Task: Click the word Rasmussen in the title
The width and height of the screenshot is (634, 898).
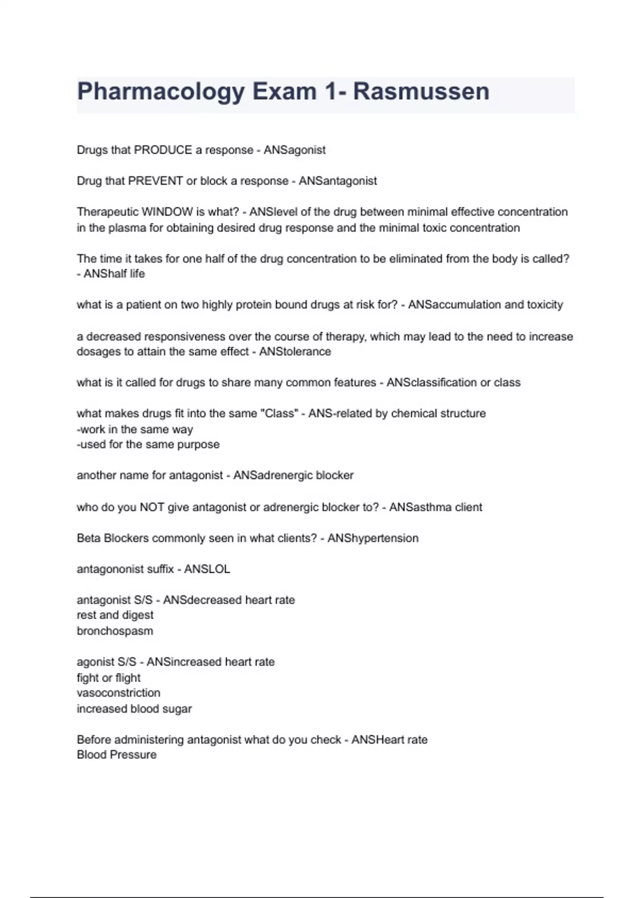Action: pos(421,91)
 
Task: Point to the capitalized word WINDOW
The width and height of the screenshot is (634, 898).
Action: pos(167,212)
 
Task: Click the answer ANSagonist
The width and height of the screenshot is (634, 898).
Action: pos(294,150)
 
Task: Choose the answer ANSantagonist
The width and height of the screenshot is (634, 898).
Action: pos(338,181)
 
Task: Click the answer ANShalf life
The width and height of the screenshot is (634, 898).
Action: pos(114,274)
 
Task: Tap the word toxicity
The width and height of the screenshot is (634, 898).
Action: pos(542,305)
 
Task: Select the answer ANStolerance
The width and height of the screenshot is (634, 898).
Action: pos(295,352)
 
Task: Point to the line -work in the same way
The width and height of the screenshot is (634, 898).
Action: pos(135,429)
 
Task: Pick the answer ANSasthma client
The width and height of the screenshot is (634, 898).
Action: pos(435,507)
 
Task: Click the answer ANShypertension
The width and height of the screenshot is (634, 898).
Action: pos(372,538)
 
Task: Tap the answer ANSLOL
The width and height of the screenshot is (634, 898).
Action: pos(207,569)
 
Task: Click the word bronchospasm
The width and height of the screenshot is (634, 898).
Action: pos(115,631)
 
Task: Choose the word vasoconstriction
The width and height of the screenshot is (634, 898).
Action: pos(118,693)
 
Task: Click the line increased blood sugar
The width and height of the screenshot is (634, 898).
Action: pos(134,709)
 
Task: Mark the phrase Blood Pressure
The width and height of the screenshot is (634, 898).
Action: pos(117,755)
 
